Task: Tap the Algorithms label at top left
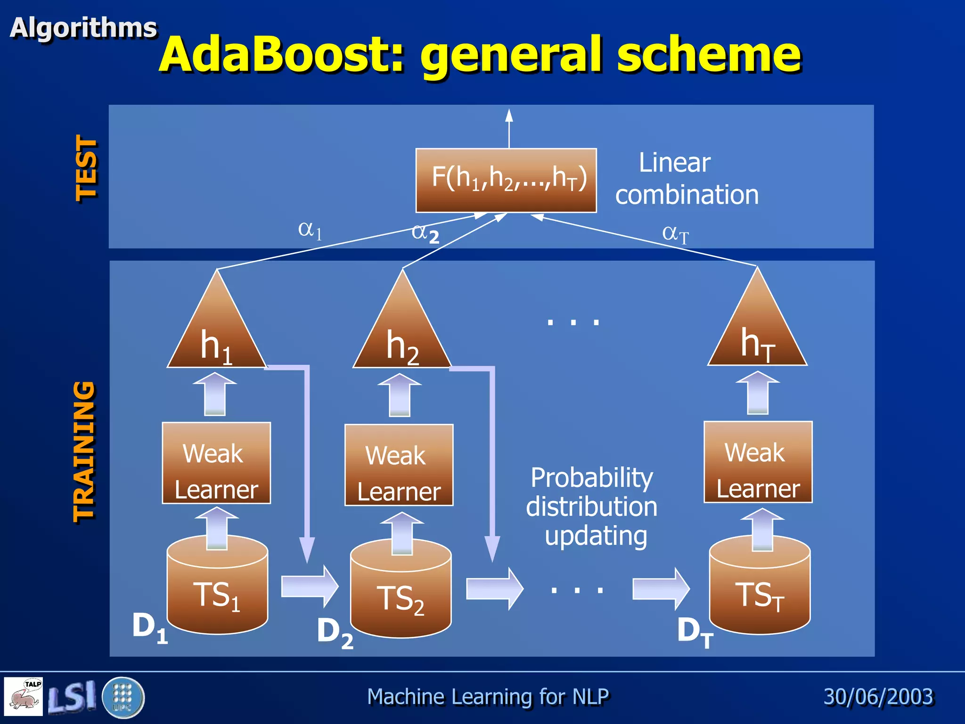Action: (x=83, y=28)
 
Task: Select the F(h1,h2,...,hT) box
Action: (x=506, y=181)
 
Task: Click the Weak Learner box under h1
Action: (x=216, y=463)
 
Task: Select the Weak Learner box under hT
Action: (x=758, y=462)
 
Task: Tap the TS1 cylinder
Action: (x=217, y=589)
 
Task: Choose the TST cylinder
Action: (x=760, y=589)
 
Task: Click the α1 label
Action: (x=310, y=230)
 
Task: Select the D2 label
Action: (x=335, y=633)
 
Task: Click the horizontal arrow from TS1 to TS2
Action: (x=310, y=587)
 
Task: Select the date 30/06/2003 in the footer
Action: (x=878, y=697)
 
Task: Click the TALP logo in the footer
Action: (x=24, y=696)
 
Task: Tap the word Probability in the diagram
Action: (x=591, y=477)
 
